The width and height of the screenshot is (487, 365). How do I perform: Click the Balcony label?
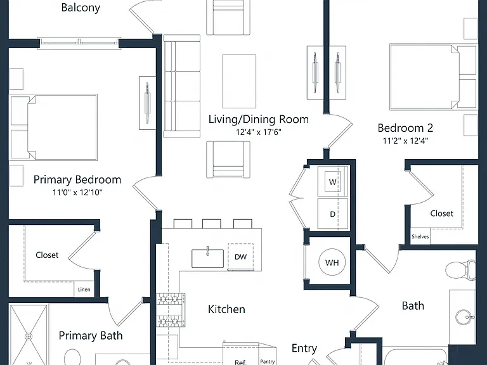pos(81,8)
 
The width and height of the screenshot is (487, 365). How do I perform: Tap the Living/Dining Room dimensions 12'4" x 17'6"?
pos(259,132)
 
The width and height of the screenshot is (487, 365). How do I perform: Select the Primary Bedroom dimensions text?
pos(77,193)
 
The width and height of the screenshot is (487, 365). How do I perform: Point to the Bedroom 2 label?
pos(405,128)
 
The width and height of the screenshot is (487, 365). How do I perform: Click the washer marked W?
pos(332,182)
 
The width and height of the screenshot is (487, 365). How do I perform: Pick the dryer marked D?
pos(332,214)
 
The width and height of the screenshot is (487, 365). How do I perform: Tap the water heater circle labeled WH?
pos(332,262)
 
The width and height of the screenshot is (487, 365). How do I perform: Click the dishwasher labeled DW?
pos(241,257)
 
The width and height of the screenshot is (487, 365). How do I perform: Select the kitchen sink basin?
pos(207,259)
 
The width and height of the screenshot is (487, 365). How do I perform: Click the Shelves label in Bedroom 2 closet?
pos(420,236)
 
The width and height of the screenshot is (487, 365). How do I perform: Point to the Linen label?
pos(84,289)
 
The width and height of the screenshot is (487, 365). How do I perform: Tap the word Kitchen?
pos(226,309)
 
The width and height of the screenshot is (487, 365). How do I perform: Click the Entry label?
pos(304,349)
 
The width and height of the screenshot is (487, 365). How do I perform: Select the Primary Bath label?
pos(91,335)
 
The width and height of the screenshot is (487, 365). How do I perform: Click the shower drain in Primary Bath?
pos(29,336)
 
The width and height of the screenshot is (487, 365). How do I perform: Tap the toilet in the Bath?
pos(460,269)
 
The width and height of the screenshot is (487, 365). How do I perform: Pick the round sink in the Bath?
pos(465,317)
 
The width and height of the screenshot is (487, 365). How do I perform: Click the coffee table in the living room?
pos(239,81)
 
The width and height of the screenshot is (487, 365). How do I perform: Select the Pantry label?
pos(268,362)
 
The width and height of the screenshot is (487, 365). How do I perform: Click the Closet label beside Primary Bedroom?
pos(47,255)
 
